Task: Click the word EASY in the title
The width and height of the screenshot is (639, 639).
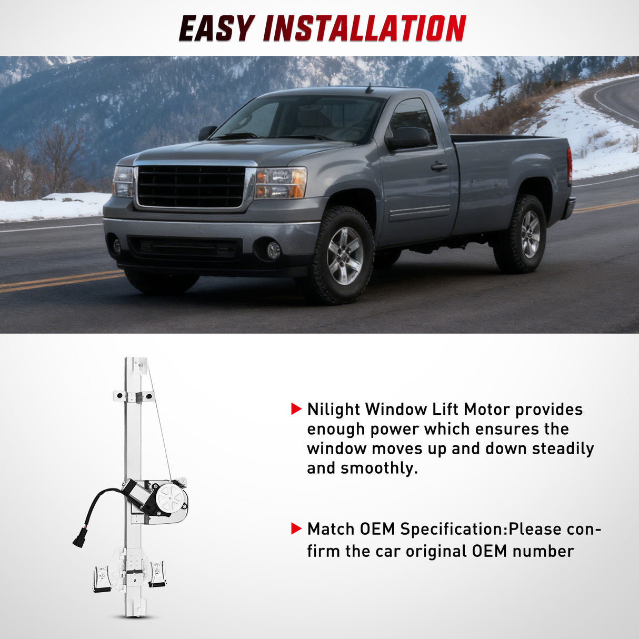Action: [x=216, y=28]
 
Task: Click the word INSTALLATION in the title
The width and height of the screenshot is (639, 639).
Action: [x=364, y=28]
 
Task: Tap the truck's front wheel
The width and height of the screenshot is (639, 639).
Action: [x=345, y=255]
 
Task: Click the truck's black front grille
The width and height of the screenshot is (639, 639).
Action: [x=191, y=186]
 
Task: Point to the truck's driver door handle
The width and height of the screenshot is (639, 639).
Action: [x=439, y=167]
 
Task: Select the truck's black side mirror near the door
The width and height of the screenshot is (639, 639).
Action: [x=408, y=138]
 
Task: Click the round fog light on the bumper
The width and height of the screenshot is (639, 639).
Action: [x=273, y=251]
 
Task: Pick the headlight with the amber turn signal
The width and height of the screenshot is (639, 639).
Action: [x=281, y=183]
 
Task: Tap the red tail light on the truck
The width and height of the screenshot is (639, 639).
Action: [x=570, y=166]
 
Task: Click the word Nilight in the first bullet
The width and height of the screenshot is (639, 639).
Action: [x=334, y=410]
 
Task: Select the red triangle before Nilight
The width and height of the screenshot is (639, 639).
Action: [x=296, y=409]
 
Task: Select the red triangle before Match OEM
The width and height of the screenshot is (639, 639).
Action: [x=296, y=528]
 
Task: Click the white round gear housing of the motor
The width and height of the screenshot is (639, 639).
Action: [x=169, y=496]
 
